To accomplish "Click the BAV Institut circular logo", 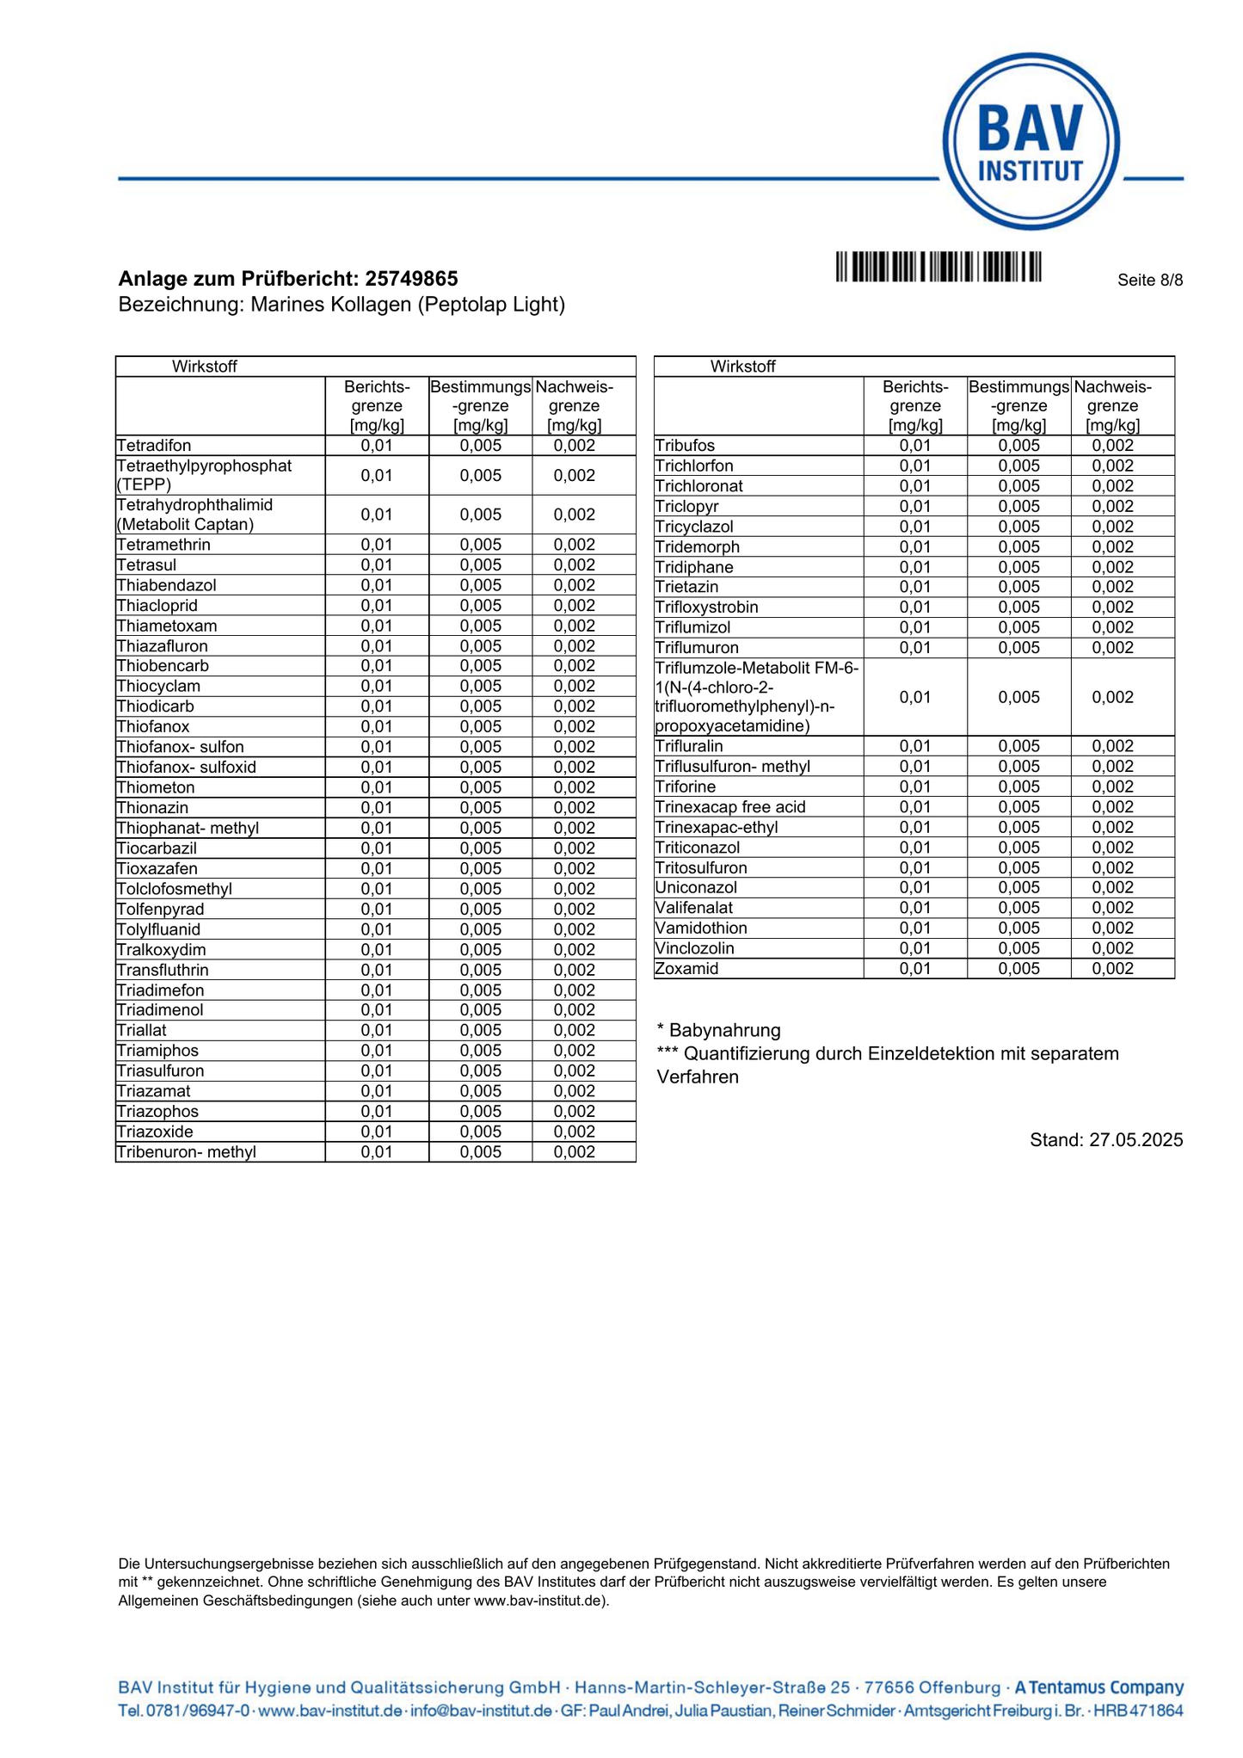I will coord(1031,142).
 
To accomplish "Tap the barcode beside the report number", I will coord(938,266).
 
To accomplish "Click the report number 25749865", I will coord(411,279).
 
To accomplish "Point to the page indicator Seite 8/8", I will coord(1150,280).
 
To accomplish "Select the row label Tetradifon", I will coord(154,446).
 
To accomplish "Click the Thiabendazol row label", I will coord(167,585).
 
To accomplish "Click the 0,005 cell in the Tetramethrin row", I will coord(480,545).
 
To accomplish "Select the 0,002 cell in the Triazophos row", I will coord(574,1112).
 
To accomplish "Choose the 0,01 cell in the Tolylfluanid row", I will coord(377,929).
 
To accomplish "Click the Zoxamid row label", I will coord(686,969).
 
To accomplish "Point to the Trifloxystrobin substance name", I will coord(706,608).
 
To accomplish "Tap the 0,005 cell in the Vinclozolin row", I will coord(1018,948).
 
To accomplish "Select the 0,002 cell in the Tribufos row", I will coord(1113,446).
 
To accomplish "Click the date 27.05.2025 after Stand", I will coord(1135,1140).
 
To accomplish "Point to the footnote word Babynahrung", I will coord(725,1030).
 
